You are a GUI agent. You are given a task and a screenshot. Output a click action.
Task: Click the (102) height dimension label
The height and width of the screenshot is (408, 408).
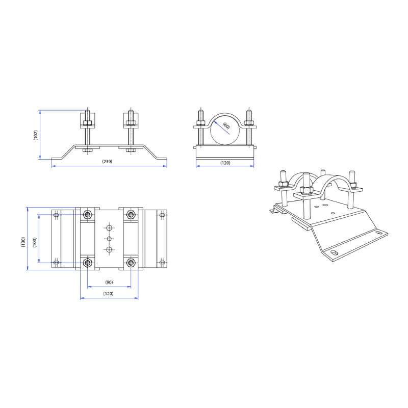pos(36,135)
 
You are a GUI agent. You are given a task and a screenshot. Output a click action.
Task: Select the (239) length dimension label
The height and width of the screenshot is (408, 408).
pos(107,162)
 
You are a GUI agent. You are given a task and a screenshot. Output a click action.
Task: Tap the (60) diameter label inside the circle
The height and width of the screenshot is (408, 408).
pos(226,126)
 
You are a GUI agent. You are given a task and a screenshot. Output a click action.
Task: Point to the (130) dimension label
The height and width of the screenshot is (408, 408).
pos(23,242)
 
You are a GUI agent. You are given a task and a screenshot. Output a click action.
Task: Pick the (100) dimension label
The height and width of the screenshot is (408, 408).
pos(35,243)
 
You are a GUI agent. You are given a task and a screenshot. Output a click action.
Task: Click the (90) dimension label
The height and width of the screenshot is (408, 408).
pos(109,283)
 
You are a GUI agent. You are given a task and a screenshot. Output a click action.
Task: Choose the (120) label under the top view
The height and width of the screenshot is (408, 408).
pos(108,294)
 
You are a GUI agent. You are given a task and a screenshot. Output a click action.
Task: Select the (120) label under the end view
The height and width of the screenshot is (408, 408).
pos(225,163)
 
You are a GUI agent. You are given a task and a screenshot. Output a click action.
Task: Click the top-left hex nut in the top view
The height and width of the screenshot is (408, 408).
pos(87,215)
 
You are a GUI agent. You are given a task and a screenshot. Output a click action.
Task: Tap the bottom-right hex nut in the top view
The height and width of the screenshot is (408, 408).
pos(131,263)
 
